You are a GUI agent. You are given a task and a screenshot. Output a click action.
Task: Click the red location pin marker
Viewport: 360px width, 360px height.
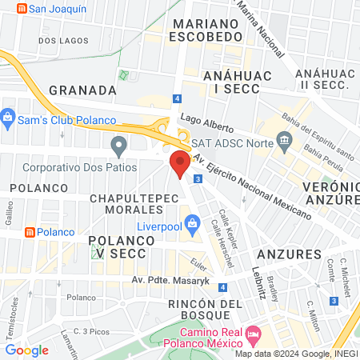(x=180, y=165)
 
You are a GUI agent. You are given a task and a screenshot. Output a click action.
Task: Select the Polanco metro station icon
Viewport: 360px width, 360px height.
(x=30, y=232)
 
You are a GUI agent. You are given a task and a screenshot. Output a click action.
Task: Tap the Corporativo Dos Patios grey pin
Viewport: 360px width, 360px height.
(x=119, y=146)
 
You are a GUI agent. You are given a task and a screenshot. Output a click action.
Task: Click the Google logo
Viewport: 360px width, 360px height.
(x=26, y=350)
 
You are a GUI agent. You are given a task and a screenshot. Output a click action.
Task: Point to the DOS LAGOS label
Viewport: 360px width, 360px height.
(x=62, y=40)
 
